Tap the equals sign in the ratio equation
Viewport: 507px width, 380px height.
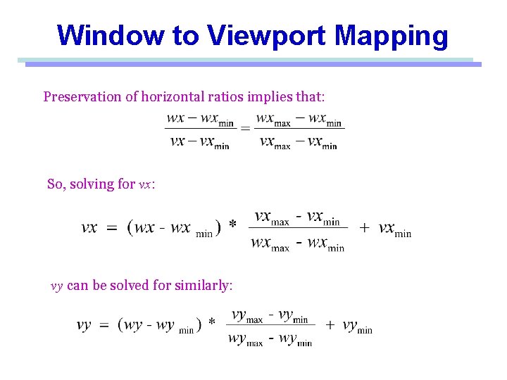point(246,129)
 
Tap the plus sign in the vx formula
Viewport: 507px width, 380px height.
point(364,228)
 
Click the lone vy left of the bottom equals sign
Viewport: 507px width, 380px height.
point(84,326)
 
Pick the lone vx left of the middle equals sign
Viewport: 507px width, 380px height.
point(89,229)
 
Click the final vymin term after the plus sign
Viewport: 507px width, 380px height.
point(358,327)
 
